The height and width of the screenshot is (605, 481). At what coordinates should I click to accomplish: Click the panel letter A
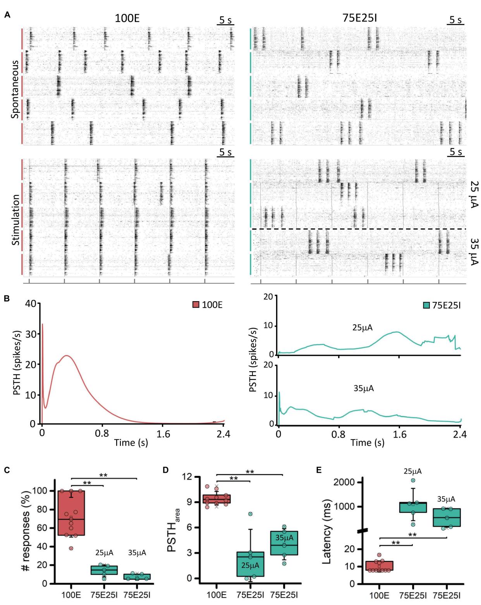pos(7,15)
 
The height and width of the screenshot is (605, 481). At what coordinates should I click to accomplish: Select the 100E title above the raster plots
pos(127,18)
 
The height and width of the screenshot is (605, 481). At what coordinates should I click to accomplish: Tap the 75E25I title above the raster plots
pos(359,18)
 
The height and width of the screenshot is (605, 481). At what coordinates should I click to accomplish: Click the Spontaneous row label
pos(15,89)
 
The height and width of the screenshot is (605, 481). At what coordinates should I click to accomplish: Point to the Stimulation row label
pos(15,220)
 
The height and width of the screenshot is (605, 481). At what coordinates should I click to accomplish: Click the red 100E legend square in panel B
pos(196,305)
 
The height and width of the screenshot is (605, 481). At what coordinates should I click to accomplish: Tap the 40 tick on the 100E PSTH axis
pos(30,304)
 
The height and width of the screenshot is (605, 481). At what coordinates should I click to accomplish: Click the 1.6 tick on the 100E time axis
pos(163,434)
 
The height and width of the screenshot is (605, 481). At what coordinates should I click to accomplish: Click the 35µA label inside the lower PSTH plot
pos(364,388)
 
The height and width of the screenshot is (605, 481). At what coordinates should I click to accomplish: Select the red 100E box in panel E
pos(379,565)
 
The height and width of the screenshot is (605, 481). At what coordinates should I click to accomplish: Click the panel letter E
pos(319,470)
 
